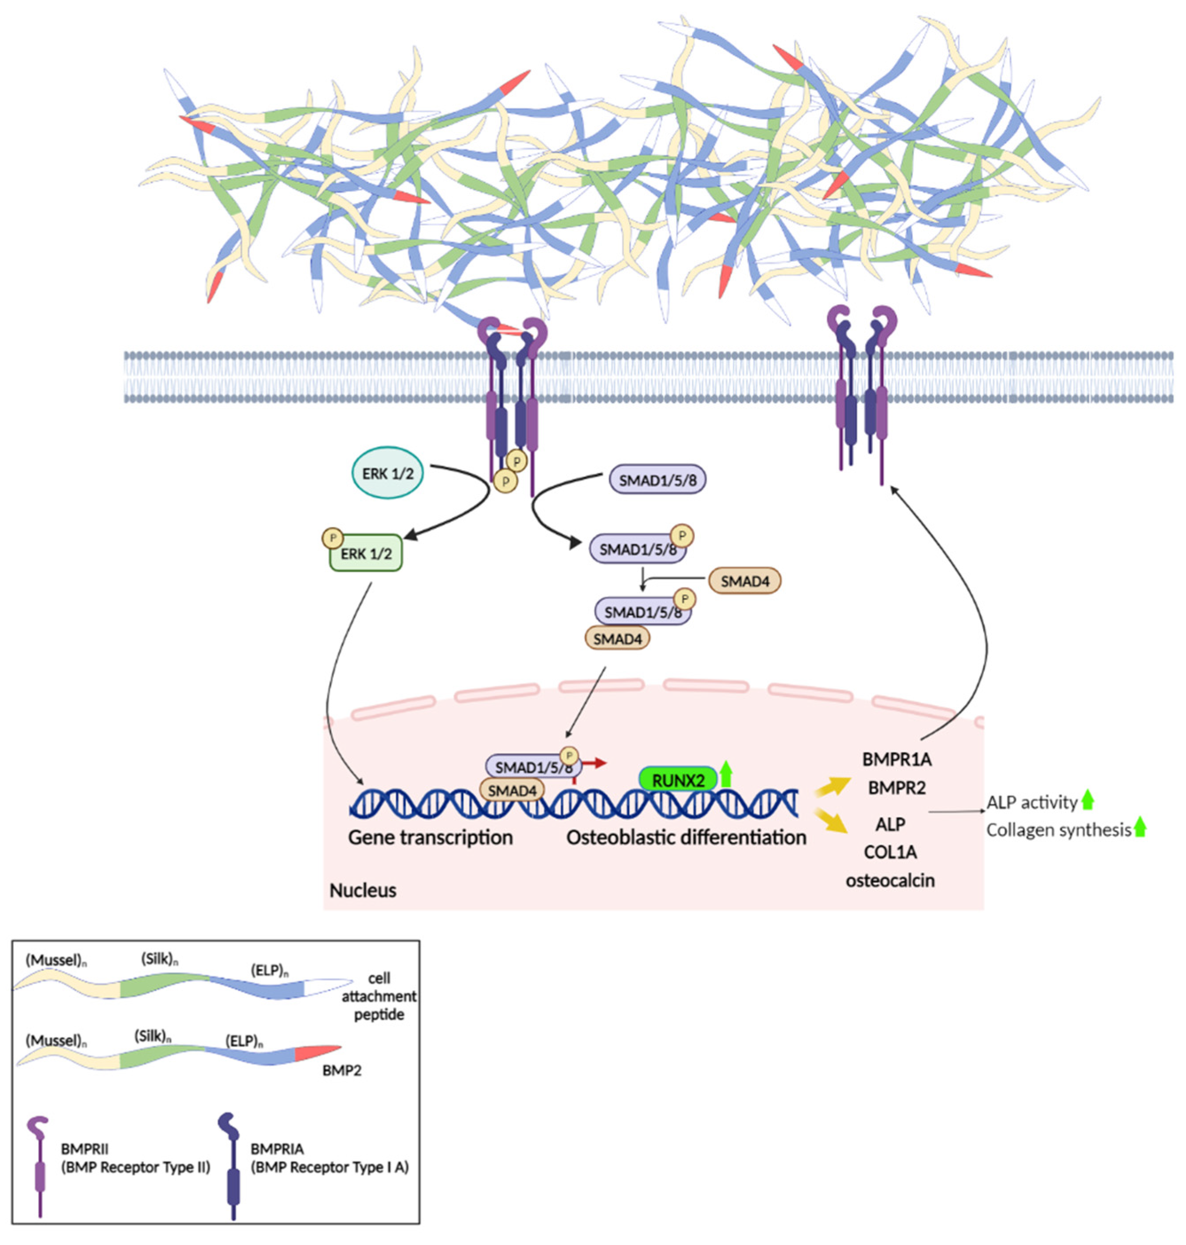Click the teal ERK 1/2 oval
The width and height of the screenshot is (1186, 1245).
click(387, 473)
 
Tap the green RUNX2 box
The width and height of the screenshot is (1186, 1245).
click(678, 780)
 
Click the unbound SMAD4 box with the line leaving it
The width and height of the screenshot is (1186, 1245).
click(745, 581)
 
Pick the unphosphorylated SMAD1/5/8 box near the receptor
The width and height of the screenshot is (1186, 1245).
click(658, 480)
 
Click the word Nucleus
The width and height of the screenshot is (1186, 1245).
click(363, 890)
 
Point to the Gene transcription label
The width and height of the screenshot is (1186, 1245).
click(430, 837)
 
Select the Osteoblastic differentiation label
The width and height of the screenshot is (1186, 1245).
click(686, 837)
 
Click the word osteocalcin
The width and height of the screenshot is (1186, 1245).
click(889, 880)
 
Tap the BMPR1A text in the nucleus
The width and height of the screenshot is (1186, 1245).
click(896, 759)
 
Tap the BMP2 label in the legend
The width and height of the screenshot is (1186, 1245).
click(341, 1071)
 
